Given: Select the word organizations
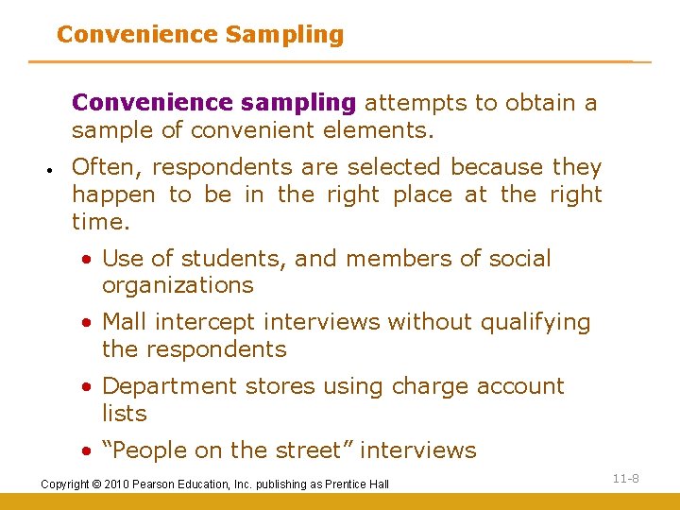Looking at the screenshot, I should pos(178,285).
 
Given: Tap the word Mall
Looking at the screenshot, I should pos(126,322).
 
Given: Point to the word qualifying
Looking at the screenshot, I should pos(535,322).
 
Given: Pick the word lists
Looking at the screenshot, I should pos(125,413).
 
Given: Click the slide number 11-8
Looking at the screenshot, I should pos(625,479).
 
